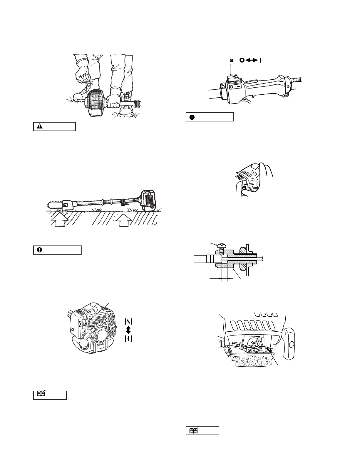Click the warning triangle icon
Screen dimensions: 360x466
point(40,126)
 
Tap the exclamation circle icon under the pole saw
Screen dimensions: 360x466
point(40,250)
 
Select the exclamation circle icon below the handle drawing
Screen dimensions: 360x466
point(192,117)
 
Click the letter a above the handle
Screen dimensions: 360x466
point(231,61)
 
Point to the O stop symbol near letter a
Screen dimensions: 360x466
point(242,61)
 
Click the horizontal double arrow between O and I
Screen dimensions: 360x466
point(251,61)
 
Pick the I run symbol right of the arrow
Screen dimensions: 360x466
point(260,61)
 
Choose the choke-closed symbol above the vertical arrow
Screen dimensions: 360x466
point(128,321)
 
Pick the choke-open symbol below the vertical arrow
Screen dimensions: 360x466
point(128,339)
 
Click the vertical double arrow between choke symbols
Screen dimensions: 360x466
point(128,330)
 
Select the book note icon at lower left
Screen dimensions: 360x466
point(41,393)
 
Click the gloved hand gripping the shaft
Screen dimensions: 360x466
point(113,100)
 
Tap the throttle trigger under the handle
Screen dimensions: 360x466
point(247,101)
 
